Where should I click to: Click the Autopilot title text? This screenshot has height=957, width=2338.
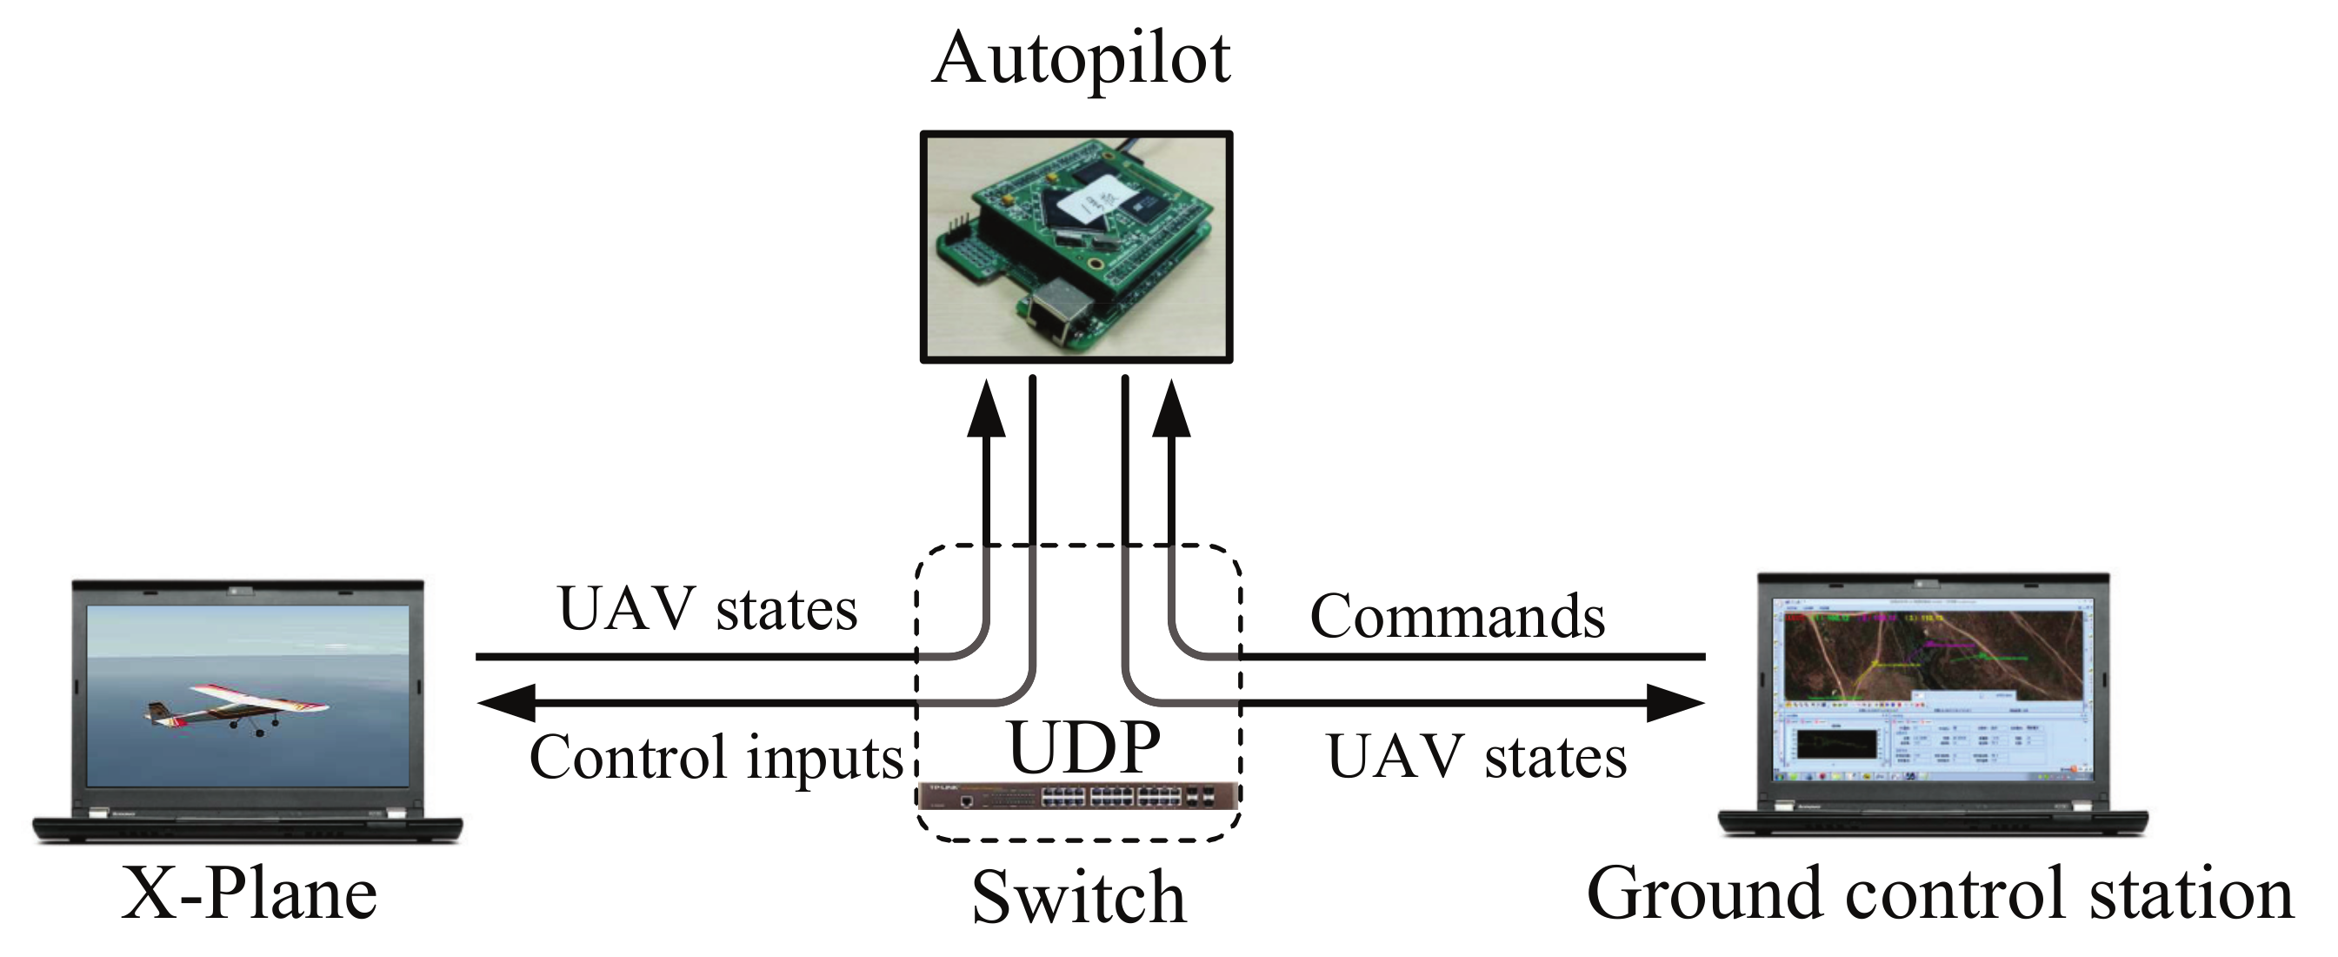pyautogui.click(x=1080, y=60)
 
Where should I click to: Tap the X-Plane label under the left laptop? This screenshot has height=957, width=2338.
pyautogui.click(x=250, y=894)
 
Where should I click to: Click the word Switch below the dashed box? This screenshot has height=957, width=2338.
pyautogui.click(x=1078, y=898)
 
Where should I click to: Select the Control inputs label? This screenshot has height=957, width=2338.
pyautogui.click(x=716, y=757)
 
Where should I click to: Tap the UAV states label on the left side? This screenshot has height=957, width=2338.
pyautogui.click(x=707, y=609)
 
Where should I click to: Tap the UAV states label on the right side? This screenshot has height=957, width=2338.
pyautogui.click(x=1476, y=757)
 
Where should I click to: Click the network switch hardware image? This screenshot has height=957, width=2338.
pyautogui.click(x=1078, y=796)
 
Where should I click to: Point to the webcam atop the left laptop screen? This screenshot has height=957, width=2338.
pyautogui.click(x=242, y=591)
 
